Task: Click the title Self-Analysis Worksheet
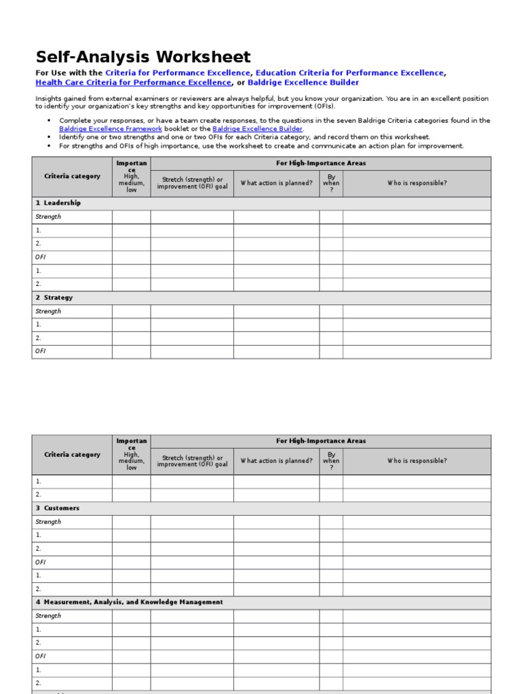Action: [x=143, y=58]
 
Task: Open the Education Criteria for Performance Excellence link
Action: [x=349, y=73]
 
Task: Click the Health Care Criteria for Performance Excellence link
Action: [x=133, y=83]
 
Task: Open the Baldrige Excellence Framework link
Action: [x=111, y=129]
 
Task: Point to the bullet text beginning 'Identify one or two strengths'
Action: [x=244, y=137]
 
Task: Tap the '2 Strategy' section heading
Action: [x=54, y=298]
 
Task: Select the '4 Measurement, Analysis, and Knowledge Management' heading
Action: [x=129, y=602]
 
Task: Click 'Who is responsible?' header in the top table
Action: [x=417, y=183]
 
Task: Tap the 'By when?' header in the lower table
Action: [x=331, y=461]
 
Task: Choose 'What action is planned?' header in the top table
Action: [x=276, y=183]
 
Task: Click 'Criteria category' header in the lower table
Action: [x=72, y=455]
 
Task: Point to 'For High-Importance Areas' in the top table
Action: [x=320, y=163]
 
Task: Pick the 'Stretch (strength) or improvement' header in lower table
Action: [x=192, y=461]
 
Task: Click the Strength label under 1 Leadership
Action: [x=48, y=217]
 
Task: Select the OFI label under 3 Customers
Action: [x=41, y=562]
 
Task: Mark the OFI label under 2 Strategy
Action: [x=41, y=351]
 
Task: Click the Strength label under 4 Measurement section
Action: [x=48, y=616]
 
